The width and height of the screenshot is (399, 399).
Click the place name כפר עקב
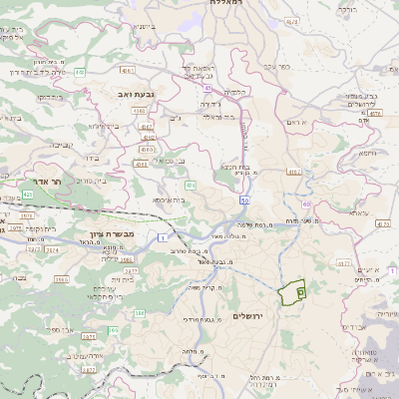pyautogui.click(x=276, y=66)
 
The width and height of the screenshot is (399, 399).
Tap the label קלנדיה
pyautogui.click(x=235, y=93)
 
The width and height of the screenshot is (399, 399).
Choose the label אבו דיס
pyautogui.click(x=354, y=325)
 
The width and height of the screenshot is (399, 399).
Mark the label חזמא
pyautogui.click(x=365, y=153)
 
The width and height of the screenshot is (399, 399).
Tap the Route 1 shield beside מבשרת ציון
pyautogui.click(x=162, y=236)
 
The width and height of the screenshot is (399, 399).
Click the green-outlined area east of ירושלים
pyautogui.click(x=291, y=292)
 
